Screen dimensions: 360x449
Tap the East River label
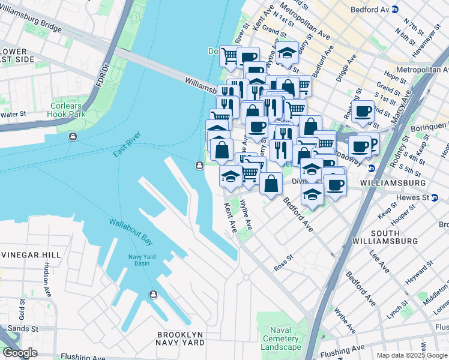click(x=125, y=144)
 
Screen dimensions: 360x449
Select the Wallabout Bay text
click(x=130, y=231)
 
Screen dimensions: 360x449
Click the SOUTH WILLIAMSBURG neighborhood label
click(x=394, y=237)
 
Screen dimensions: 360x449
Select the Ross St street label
click(x=283, y=265)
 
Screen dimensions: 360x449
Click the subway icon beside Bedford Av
click(x=394, y=10)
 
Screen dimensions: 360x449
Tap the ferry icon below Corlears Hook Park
click(x=73, y=136)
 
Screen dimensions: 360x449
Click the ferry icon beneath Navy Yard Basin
click(x=153, y=294)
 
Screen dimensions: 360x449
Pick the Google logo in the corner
click(x=20, y=353)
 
